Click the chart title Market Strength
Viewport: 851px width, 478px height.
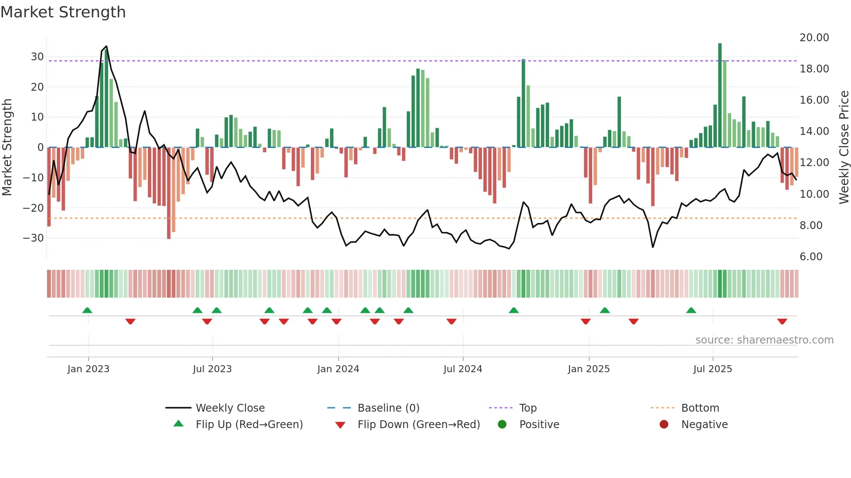(x=63, y=12)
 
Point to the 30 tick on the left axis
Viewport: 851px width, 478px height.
(x=37, y=57)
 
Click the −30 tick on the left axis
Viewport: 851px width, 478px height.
(x=33, y=238)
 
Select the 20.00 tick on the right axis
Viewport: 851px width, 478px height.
(x=814, y=38)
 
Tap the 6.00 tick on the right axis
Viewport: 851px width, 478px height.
(x=811, y=257)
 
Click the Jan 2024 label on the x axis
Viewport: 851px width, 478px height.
(x=338, y=369)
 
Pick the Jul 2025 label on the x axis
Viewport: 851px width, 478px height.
(x=712, y=369)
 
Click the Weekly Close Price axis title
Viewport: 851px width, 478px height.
(x=844, y=147)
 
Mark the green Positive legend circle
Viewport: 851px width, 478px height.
(x=502, y=425)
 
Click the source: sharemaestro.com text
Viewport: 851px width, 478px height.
(x=764, y=340)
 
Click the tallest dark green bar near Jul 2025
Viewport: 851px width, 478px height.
(x=719, y=95)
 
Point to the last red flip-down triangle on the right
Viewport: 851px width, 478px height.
(x=782, y=321)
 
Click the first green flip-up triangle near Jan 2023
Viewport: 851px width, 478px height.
(x=87, y=311)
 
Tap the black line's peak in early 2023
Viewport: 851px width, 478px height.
(x=106, y=46)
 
